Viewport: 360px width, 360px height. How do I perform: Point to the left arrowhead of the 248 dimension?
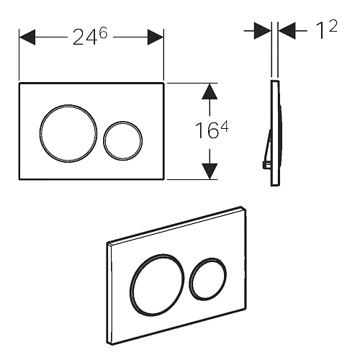(27, 37)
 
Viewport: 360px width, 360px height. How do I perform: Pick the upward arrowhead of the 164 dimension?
(208, 93)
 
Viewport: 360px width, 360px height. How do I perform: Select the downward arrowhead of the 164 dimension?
(208, 170)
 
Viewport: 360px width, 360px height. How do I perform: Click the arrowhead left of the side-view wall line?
(259, 31)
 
